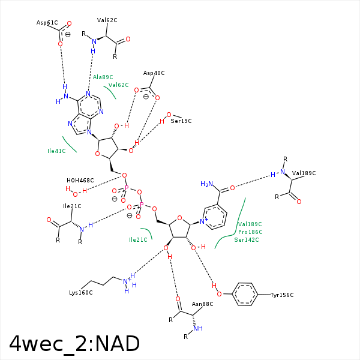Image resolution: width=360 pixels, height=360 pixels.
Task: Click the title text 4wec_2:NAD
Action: tap(74, 343)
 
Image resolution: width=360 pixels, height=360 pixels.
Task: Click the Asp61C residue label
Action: tap(47, 23)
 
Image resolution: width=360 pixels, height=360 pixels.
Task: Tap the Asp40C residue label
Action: tap(154, 73)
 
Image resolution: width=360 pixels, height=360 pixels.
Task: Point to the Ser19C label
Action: tap(181, 121)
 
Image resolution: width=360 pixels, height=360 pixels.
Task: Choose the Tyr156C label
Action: tap(282, 295)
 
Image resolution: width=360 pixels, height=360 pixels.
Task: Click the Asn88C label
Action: tap(202, 304)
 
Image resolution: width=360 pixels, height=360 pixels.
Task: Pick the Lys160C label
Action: tap(80, 293)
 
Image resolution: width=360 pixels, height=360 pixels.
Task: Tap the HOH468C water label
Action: tap(80, 180)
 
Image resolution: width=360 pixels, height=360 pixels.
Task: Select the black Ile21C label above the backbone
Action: tap(72, 206)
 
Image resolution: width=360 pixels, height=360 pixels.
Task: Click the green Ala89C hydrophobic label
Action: tap(103, 77)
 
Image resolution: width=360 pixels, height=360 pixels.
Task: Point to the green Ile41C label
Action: tap(56, 151)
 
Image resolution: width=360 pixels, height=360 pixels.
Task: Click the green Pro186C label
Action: tap(250, 232)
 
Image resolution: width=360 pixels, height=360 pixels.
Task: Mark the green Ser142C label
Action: tap(247, 239)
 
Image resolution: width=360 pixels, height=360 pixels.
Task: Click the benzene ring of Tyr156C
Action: tap(245, 295)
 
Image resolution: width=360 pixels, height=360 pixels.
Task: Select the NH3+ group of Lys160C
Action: tap(128, 281)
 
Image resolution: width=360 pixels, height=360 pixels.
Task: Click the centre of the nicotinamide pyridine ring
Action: tap(216, 215)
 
